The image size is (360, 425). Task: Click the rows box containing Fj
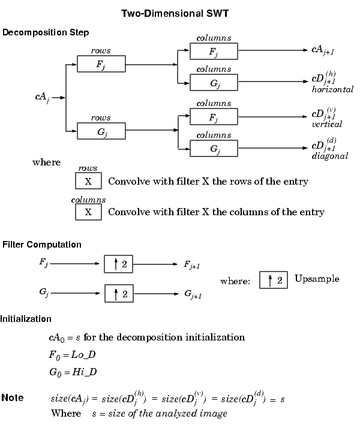[x=101, y=64]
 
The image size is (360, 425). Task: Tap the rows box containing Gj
[x=101, y=131]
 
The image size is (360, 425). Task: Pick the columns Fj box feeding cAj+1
[x=214, y=51]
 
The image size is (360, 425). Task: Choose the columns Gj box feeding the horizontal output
[x=214, y=82]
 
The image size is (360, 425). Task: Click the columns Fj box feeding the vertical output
[x=214, y=116]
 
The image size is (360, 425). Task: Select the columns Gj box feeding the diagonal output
[x=214, y=148]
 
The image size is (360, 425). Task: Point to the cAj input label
[x=42, y=97]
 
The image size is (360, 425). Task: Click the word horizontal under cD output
[x=332, y=90]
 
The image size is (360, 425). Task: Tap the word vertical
[x=326, y=125]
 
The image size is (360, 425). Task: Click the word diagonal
[x=329, y=156]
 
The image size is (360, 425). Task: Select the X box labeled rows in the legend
[x=88, y=180]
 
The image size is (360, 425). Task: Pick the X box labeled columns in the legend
[x=88, y=212]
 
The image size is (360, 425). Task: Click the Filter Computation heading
[x=42, y=245]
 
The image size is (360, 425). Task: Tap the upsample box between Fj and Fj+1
[x=118, y=263]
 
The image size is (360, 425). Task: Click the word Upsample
[x=317, y=279]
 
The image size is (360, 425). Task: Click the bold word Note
[x=13, y=398]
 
